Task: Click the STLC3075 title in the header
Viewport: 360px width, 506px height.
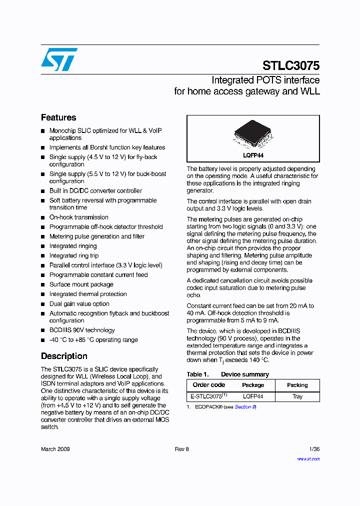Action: (291, 65)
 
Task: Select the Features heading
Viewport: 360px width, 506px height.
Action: (58, 117)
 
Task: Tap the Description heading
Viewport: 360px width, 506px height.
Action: (64, 356)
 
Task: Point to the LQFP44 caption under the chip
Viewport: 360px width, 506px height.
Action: (253, 156)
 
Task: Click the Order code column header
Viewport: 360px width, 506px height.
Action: (209, 385)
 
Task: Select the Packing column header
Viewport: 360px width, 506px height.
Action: (297, 385)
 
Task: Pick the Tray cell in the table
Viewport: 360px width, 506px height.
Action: (297, 396)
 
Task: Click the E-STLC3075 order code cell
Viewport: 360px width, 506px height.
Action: (209, 396)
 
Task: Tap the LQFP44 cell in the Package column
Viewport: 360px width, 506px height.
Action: (253, 396)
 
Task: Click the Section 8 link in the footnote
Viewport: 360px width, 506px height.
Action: (245, 407)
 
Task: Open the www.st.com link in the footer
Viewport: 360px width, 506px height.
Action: (308, 458)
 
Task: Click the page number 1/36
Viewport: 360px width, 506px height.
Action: (314, 449)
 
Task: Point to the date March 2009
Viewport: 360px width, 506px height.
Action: (55, 449)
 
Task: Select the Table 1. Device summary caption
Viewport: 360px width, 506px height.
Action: (227, 374)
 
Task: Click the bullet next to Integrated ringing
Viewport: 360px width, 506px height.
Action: (43, 246)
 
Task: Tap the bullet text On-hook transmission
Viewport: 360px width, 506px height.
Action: (78, 217)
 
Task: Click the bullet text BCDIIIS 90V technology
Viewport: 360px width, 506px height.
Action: (81, 330)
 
